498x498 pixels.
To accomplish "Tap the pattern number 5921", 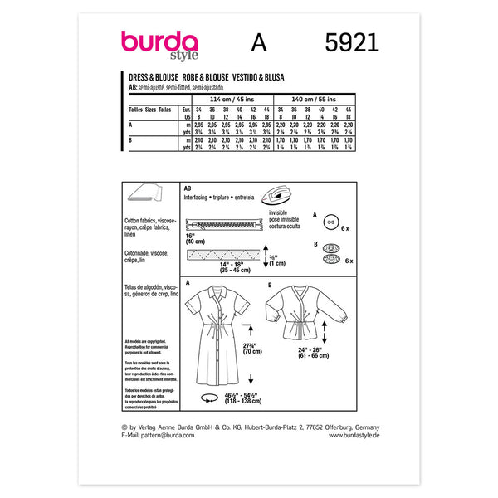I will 347,41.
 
